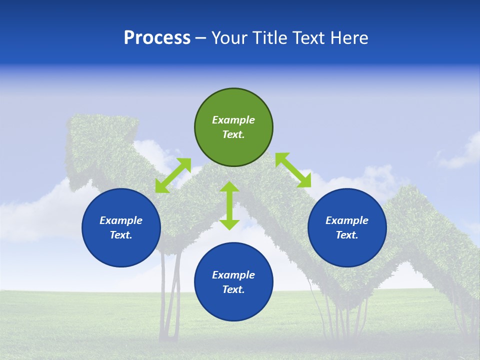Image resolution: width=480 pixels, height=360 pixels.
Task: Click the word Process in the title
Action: pyautogui.click(x=157, y=38)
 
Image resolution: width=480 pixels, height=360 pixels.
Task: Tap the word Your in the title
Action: pyautogui.click(x=230, y=38)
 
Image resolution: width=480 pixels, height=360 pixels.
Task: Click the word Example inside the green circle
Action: pyautogui.click(x=233, y=120)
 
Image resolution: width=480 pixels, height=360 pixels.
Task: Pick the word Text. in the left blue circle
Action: pyautogui.click(x=121, y=235)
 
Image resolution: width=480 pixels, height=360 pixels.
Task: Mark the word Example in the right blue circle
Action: pyautogui.click(x=347, y=220)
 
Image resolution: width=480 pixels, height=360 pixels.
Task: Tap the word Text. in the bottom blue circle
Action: pyautogui.click(x=233, y=289)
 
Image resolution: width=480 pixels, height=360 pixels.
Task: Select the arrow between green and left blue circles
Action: pyautogui.click(x=173, y=175)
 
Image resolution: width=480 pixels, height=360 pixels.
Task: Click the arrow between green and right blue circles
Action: pyautogui.click(x=293, y=170)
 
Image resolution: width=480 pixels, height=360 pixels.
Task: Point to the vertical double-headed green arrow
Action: pyautogui.click(x=229, y=205)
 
